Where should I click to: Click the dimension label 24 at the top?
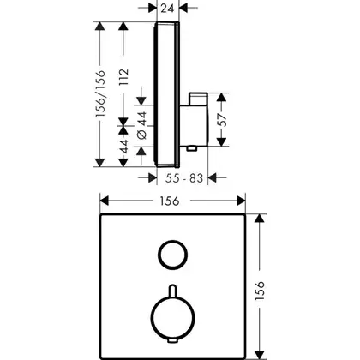click(167, 9)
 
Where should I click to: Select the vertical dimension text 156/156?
click(100, 93)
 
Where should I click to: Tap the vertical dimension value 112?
click(123, 77)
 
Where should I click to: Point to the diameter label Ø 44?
click(142, 125)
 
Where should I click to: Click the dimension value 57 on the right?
click(222, 120)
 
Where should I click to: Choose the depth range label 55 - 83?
click(184, 178)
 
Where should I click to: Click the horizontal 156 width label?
click(170, 201)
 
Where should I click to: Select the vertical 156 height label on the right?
click(260, 291)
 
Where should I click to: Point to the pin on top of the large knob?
click(173, 291)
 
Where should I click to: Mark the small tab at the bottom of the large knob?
click(173, 340)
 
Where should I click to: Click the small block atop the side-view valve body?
click(198, 99)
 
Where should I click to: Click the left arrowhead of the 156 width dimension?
click(105, 201)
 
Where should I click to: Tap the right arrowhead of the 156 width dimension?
click(241, 201)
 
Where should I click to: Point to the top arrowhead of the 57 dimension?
click(221, 98)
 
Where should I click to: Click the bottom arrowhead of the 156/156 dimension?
click(99, 162)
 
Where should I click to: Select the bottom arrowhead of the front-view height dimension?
click(260, 354)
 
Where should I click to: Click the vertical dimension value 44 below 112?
click(123, 146)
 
